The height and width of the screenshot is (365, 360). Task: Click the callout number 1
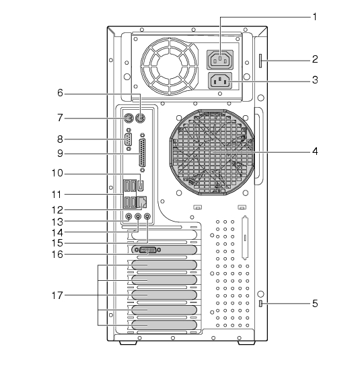click(x=315, y=17)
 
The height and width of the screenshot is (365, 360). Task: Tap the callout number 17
click(x=57, y=296)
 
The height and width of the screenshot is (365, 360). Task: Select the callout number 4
click(x=315, y=152)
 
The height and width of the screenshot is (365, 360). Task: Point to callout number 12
click(x=57, y=210)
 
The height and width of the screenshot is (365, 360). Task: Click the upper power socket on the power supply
click(x=220, y=60)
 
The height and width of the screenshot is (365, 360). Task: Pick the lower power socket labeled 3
click(x=220, y=81)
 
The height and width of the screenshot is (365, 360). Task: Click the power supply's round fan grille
click(x=170, y=67)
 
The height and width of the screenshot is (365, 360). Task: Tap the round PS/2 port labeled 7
click(x=128, y=119)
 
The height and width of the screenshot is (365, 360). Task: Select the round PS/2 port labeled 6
click(x=141, y=119)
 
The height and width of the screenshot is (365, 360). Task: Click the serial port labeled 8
click(x=128, y=139)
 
